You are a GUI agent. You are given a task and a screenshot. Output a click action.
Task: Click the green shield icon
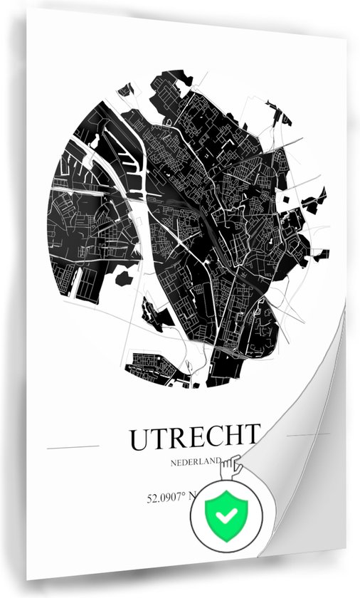[x=226, y=514]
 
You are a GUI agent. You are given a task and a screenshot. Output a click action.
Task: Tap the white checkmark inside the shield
[x=226, y=514]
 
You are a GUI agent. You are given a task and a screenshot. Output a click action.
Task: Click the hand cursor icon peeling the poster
[x=231, y=470]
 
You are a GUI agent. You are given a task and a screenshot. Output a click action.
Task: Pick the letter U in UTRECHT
[x=139, y=439]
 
